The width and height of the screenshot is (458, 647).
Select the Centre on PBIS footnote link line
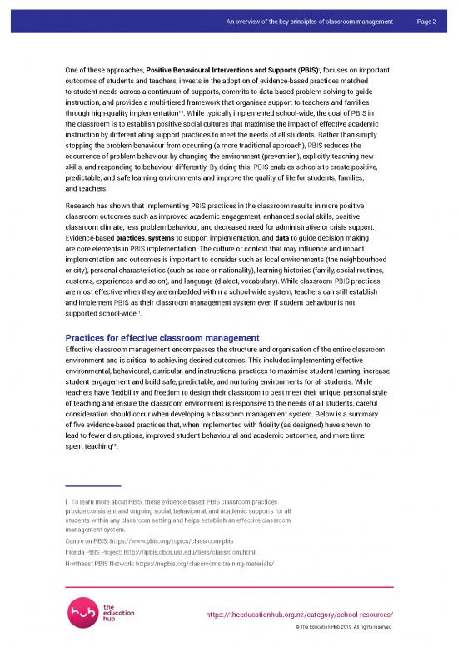pos(149,540)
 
